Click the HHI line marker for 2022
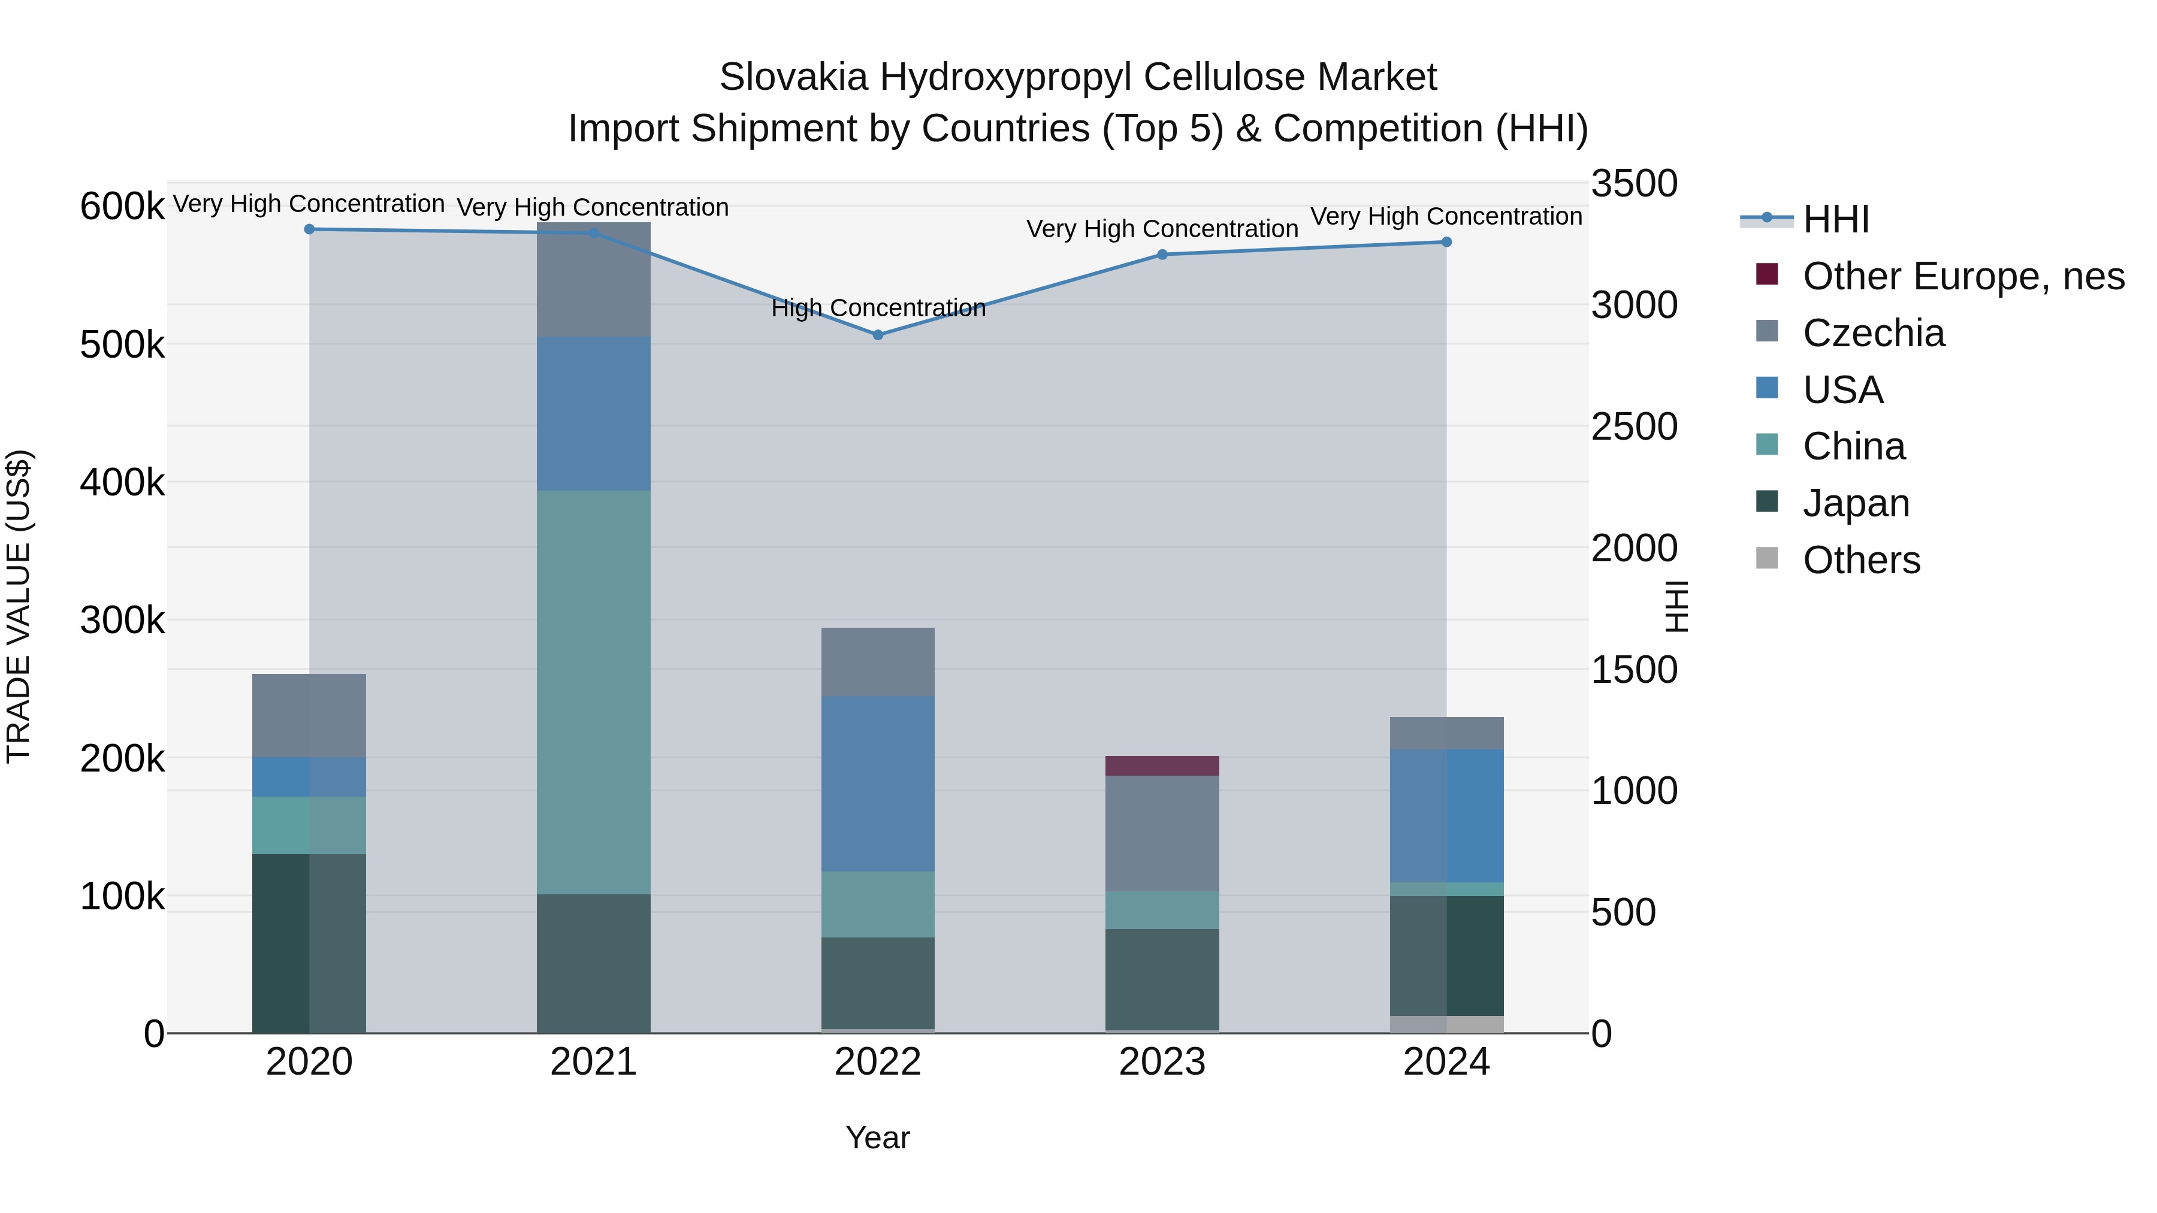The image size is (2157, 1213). click(878, 335)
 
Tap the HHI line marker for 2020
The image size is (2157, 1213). click(309, 229)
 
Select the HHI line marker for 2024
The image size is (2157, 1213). click(1446, 242)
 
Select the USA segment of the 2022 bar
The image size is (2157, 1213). click(878, 784)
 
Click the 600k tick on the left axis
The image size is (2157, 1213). click(122, 206)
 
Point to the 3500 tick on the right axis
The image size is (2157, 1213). click(1634, 183)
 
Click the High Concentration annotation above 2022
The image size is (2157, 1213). click(878, 308)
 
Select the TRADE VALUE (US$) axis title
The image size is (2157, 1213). click(19, 606)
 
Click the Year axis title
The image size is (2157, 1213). click(878, 1138)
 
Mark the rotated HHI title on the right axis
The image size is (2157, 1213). click(1676, 606)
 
